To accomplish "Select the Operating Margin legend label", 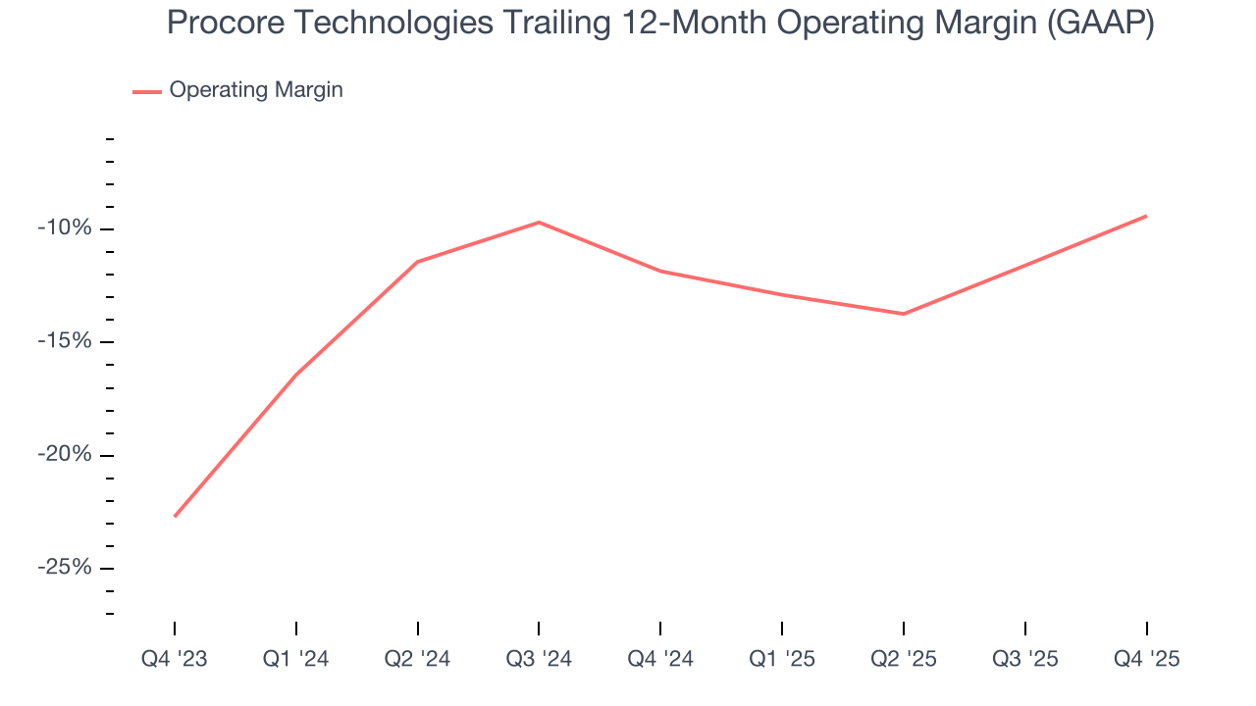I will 256,90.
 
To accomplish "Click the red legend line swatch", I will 147,91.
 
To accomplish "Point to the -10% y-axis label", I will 65,228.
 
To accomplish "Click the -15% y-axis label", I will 65,341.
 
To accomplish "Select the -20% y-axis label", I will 65,455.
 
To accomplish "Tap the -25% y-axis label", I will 65,568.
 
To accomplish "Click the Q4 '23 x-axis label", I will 175,659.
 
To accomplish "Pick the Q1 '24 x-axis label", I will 296,659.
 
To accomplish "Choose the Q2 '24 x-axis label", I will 418,659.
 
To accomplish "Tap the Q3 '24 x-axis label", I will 539,659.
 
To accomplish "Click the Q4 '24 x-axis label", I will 660,659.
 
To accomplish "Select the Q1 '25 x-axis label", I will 782,659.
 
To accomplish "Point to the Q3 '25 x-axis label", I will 1025,659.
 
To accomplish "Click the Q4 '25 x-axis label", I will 1146,659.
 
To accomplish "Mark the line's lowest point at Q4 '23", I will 175,516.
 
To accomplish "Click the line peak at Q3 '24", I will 539,223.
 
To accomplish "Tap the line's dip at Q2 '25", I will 904,314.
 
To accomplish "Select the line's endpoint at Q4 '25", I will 1146,216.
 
